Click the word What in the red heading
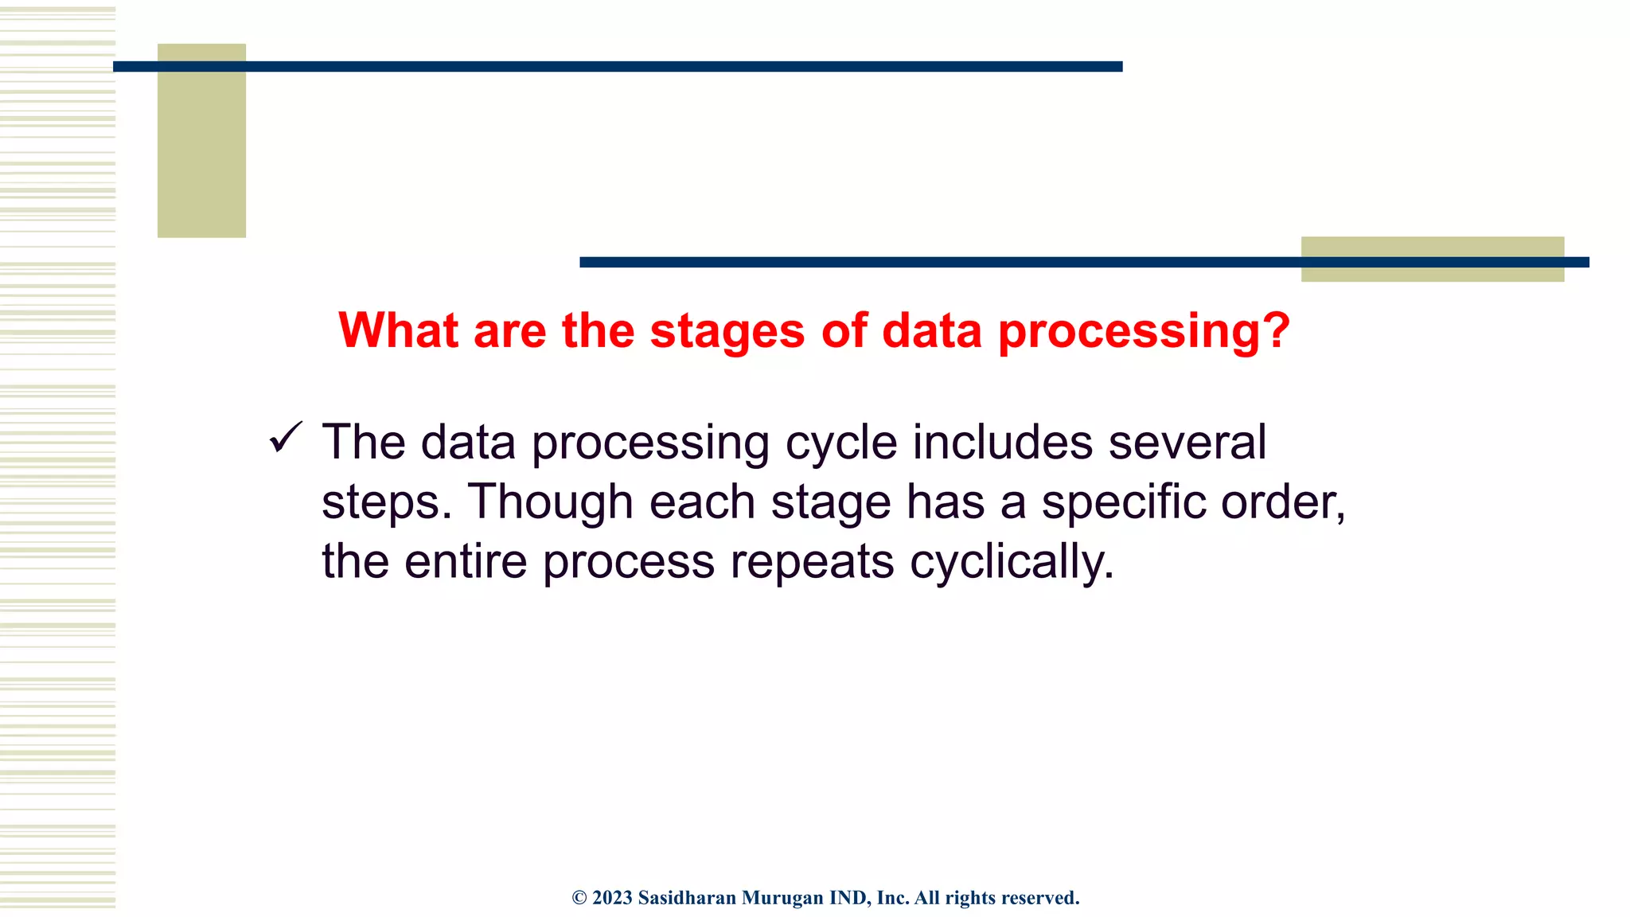pos(399,330)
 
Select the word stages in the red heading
pos(727,330)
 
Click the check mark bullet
pos(286,438)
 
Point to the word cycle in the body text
pos(841,443)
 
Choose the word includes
pos(1002,443)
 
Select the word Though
pos(550,502)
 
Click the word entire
pos(466,561)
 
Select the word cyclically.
pos(1012,561)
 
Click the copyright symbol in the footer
pos(579,898)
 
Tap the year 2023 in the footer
pos(612,898)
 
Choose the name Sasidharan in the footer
pos(687,898)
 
